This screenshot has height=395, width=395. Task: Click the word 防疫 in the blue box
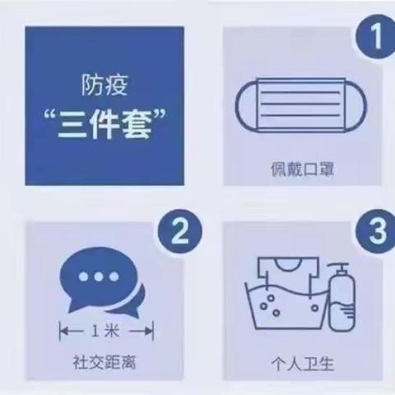point(103,85)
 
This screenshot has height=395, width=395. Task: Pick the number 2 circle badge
point(174,233)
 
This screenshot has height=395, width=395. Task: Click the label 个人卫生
point(292,362)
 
